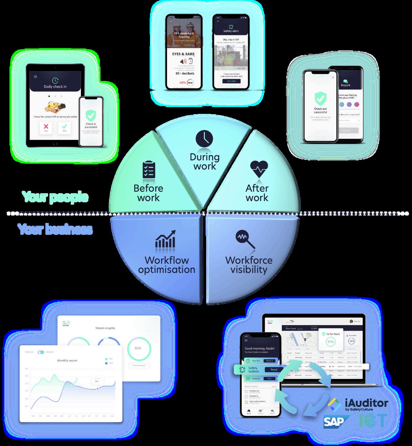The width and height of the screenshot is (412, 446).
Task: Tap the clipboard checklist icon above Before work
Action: pyautogui.click(x=149, y=170)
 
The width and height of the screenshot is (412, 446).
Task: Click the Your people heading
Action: pyautogui.click(x=55, y=197)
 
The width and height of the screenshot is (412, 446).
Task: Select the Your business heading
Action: pyautogui.click(x=55, y=229)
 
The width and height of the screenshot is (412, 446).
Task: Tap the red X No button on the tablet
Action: pyautogui.click(x=46, y=128)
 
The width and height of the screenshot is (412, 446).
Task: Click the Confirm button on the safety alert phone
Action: pyautogui.click(x=231, y=81)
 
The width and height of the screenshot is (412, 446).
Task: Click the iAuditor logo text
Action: pyautogui.click(x=366, y=403)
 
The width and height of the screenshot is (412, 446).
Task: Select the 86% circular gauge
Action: pyautogui.click(x=138, y=348)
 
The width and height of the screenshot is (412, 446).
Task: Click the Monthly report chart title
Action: pyautogui.click(x=67, y=361)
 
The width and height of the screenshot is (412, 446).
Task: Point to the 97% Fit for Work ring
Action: pyautogui.click(x=330, y=342)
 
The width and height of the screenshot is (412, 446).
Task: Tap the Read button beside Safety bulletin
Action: pyautogui.click(x=274, y=369)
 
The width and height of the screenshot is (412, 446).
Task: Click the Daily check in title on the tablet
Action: pyautogui.click(x=55, y=87)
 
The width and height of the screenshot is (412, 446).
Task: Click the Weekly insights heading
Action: pyautogui.click(x=105, y=328)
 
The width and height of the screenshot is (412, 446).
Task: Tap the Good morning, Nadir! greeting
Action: pyautogui.click(x=260, y=348)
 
